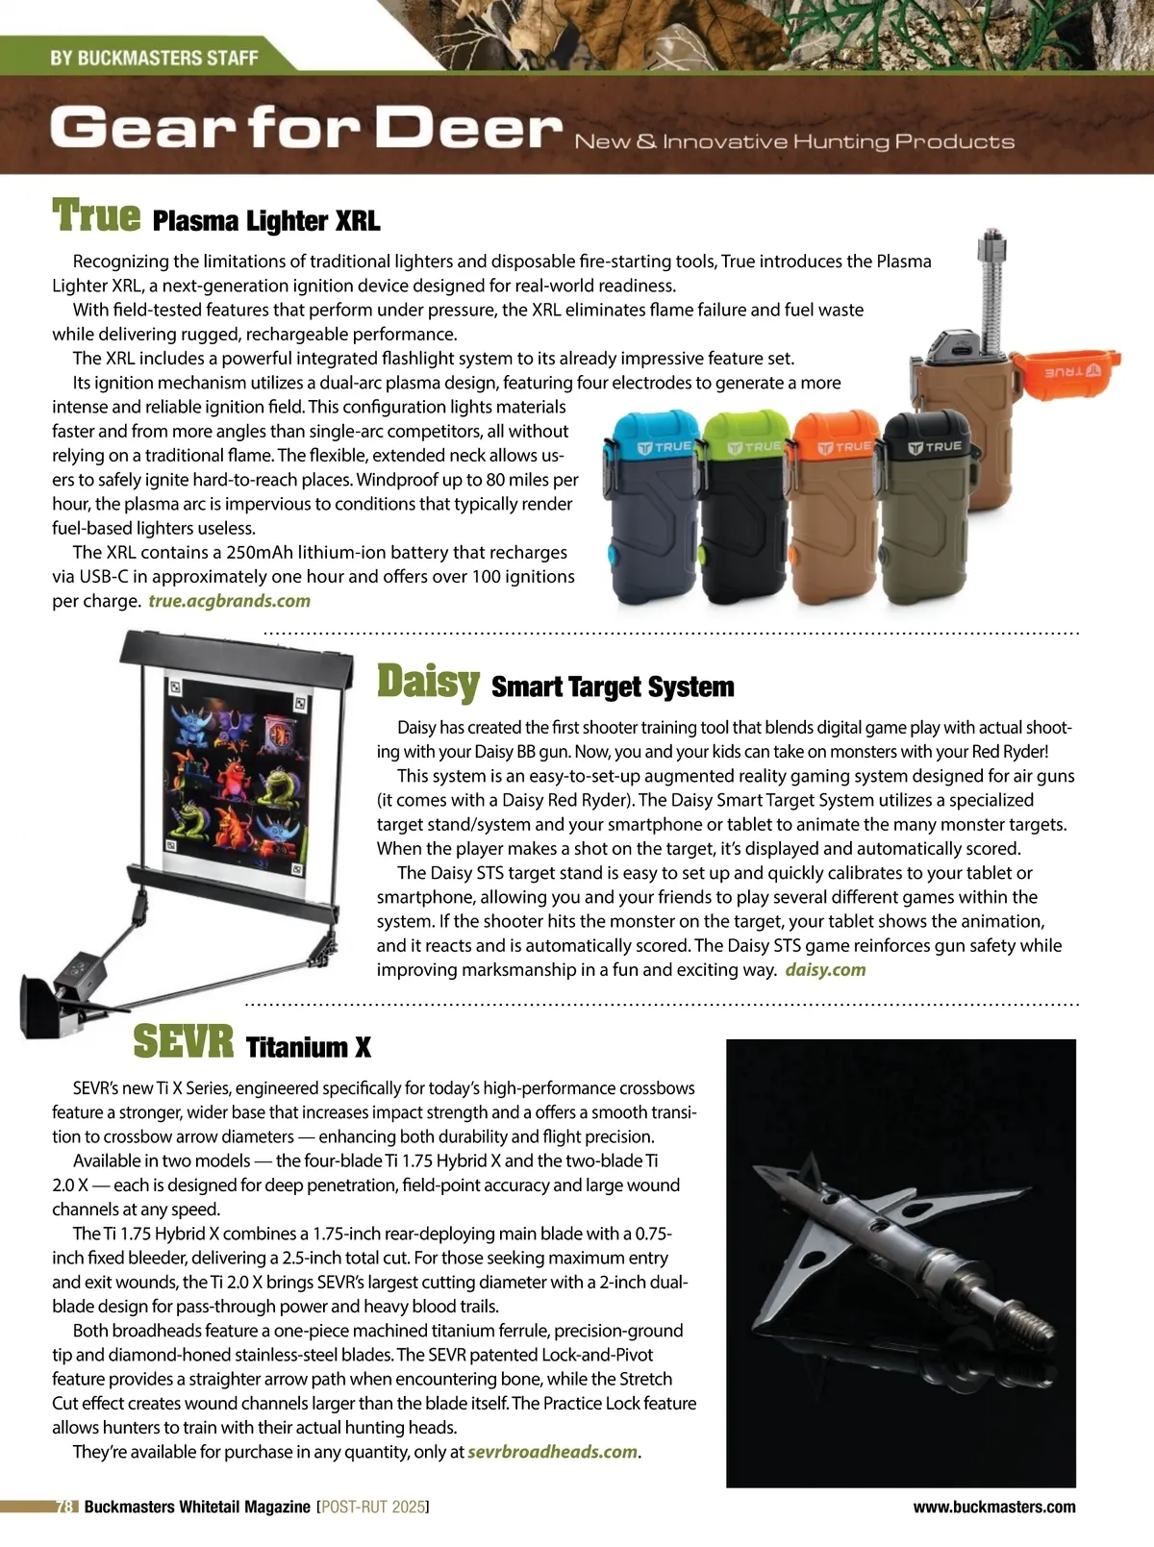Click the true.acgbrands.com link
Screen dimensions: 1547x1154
coord(229,601)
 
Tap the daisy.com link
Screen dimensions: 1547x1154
coord(825,969)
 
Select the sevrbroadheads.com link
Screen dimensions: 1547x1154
coord(552,1451)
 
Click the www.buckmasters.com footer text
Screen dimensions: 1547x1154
coord(994,1507)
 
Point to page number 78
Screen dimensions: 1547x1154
coord(65,1507)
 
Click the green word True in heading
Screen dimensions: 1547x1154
coord(96,215)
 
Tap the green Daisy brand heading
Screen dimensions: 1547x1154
coord(428,682)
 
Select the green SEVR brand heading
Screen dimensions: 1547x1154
coord(183,1041)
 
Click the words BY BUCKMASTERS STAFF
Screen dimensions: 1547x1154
coord(154,58)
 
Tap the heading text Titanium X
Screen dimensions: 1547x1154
coord(308,1047)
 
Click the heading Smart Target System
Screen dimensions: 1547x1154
coord(613,686)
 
